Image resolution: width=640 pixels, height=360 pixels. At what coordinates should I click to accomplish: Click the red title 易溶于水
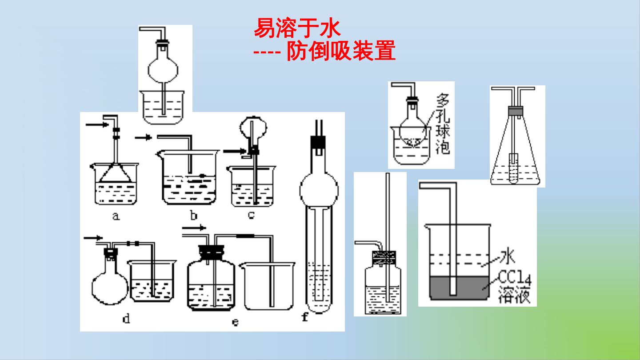[297, 28]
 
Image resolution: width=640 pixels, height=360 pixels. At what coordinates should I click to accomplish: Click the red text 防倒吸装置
[341, 51]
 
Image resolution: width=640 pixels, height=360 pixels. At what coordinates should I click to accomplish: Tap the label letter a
[116, 216]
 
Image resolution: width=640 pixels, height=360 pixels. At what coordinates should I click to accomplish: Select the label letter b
[194, 215]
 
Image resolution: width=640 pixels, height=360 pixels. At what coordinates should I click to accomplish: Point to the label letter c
[251, 215]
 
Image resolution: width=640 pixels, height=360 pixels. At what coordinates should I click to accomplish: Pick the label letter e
[235, 322]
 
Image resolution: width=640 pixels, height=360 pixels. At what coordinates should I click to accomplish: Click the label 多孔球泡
[443, 124]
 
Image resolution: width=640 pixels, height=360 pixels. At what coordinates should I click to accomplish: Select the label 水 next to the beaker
[507, 256]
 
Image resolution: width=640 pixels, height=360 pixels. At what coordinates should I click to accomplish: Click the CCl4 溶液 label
[515, 287]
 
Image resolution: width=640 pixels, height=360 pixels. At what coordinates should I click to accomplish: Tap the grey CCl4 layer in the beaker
[460, 288]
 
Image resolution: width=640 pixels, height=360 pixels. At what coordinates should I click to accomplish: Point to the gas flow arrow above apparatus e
[194, 228]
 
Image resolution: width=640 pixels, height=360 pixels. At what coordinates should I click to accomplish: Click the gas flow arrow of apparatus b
[144, 137]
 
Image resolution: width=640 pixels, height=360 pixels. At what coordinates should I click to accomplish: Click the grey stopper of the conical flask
[516, 111]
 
